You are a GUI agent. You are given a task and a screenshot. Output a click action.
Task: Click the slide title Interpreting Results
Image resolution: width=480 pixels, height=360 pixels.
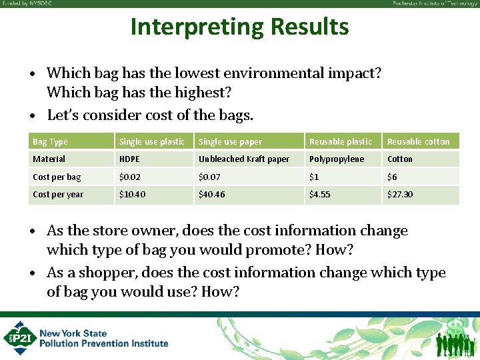(239, 27)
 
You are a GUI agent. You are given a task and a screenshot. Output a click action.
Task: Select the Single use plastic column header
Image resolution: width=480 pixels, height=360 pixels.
(151, 141)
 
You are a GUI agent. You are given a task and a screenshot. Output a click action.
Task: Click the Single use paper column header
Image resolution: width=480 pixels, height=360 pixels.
(230, 141)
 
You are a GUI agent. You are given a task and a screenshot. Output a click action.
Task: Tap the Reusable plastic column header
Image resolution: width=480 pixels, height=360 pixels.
(341, 141)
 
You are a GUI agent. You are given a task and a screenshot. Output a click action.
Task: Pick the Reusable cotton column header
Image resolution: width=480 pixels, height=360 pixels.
(419, 141)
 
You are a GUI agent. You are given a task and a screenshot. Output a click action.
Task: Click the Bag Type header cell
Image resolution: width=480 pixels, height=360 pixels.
(50, 141)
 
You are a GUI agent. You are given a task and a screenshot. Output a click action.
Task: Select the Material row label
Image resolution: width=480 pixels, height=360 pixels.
(49, 159)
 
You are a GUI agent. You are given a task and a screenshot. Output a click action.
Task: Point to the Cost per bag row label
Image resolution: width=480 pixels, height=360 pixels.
(57, 177)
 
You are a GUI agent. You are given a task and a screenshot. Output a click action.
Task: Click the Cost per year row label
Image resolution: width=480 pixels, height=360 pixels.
(58, 194)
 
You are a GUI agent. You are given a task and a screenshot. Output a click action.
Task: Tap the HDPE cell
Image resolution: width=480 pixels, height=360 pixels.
(129, 159)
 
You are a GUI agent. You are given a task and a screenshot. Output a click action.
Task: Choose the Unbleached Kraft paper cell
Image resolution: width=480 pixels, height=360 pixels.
(244, 159)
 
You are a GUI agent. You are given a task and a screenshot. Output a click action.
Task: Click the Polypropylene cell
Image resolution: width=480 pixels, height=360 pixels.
(337, 159)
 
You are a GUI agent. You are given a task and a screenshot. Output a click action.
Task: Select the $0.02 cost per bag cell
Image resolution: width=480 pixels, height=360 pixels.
(129, 177)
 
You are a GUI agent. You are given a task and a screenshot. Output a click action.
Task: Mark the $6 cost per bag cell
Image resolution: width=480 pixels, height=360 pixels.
(393, 177)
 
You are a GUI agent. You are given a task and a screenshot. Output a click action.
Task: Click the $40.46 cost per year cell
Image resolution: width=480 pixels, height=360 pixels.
(212, 194)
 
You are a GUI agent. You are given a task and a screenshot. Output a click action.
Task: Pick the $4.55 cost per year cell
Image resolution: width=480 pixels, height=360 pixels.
(320, 194)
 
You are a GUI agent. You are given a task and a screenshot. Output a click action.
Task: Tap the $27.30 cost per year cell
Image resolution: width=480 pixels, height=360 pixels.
(400, 194)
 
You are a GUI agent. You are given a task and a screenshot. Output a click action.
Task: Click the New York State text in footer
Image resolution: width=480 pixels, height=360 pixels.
(73, 333)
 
